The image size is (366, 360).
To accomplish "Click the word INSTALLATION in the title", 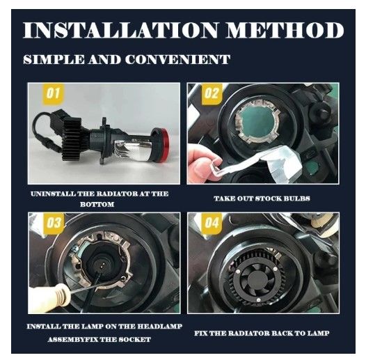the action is click(x=120, y=31).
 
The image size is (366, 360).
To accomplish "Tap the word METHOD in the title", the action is click(x=285, y=31).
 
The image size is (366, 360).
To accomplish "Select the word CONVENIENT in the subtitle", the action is click(x=177, y=60).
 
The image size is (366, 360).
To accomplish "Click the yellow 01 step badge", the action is click(x=53, y=94).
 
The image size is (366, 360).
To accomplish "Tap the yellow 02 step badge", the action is click(x=212, y=93).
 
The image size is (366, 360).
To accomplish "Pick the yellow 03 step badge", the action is click(x=54, y=223).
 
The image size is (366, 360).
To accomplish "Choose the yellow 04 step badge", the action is click(x=212, y=222).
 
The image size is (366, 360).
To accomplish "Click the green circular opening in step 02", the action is click(x=256, y=123).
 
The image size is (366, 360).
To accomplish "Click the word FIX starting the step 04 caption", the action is click(x=200, y=333).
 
